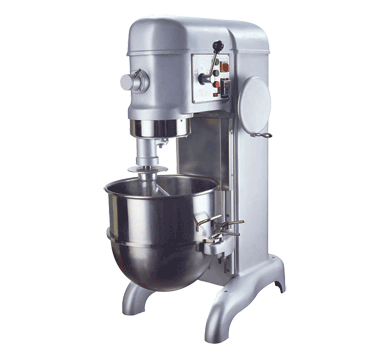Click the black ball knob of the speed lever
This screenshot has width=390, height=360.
[x=215, y=46]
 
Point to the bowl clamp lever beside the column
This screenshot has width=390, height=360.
[x=232, y=229]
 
